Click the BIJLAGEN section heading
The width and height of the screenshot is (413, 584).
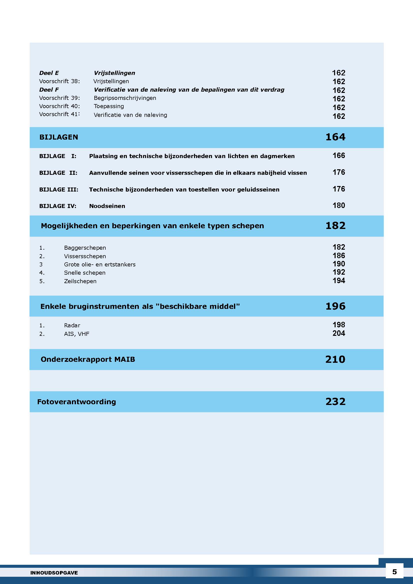pyautogui.click(x=58, y=137)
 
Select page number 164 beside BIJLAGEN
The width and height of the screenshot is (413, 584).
pyautogui.click(x=335, y=137)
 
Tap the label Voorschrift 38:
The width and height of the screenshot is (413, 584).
pyautogui.click(x=59, y=81)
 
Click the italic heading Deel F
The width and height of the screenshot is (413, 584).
pyautogui.click(x=49, y=90)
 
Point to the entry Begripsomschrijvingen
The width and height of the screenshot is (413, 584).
pyautogui.click(x=125, y=98)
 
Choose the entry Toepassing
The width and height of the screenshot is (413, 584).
pyautogui.click(x=109, y=106)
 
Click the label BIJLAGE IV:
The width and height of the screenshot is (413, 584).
pyautogui.click(x=58, y=206)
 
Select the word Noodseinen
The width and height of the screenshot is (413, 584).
pyautogui.click(x=107, y=206)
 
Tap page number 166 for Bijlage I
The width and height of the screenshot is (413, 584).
pyautogui.click(x=339, y=155)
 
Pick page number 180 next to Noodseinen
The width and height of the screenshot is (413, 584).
pyautogui.click(x=339, y=205)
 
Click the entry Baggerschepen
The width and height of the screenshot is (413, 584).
pyautogui.click(x=85, y=248)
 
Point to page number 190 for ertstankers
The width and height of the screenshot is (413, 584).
pyautogui.click(x=339, y=264)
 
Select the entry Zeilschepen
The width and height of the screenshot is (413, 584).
pyautogui.click(x=80, y=281)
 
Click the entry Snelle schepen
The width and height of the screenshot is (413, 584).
pyautogui.click(x=85, y=273)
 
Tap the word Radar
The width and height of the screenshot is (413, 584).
pyautogui.click(x=72, y=325)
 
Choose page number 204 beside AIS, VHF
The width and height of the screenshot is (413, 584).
pyautogui.click(x=339, y=333)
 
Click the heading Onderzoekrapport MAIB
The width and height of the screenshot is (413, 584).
pyautogui.click(x=88, y=359)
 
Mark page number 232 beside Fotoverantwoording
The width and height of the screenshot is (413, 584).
pyautogui.click(x=335, y=402)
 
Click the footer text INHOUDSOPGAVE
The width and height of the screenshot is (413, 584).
pyautogui.click(x=54, y=573)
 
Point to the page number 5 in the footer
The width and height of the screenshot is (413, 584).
pyautogui.click(x=395, y=572)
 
